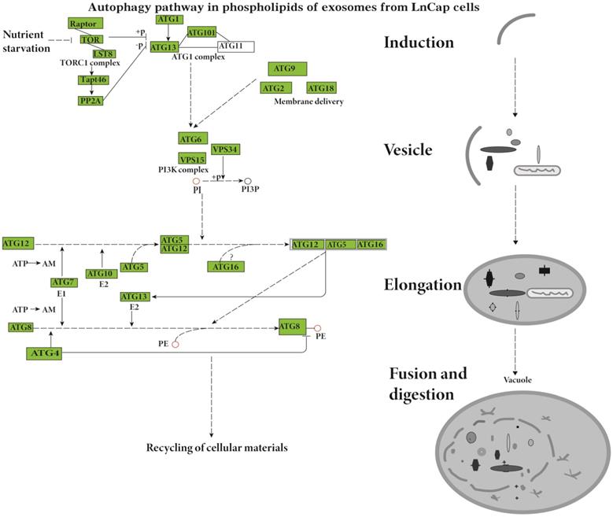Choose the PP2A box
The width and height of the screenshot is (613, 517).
(x=92, y=100)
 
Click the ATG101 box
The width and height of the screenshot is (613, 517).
(x=201, y=32)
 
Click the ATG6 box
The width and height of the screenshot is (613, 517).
(x=192, y=138)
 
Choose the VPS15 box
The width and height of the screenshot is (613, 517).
(x=193, y=159)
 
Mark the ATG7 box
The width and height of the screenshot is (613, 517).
(x=61, y=282)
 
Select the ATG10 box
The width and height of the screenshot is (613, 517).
(x=101, y=273)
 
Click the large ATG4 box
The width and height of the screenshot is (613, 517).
(x=47, y=353)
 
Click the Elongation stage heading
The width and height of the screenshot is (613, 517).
(x=423, y=285)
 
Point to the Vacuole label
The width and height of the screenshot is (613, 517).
(x=515, y=380)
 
